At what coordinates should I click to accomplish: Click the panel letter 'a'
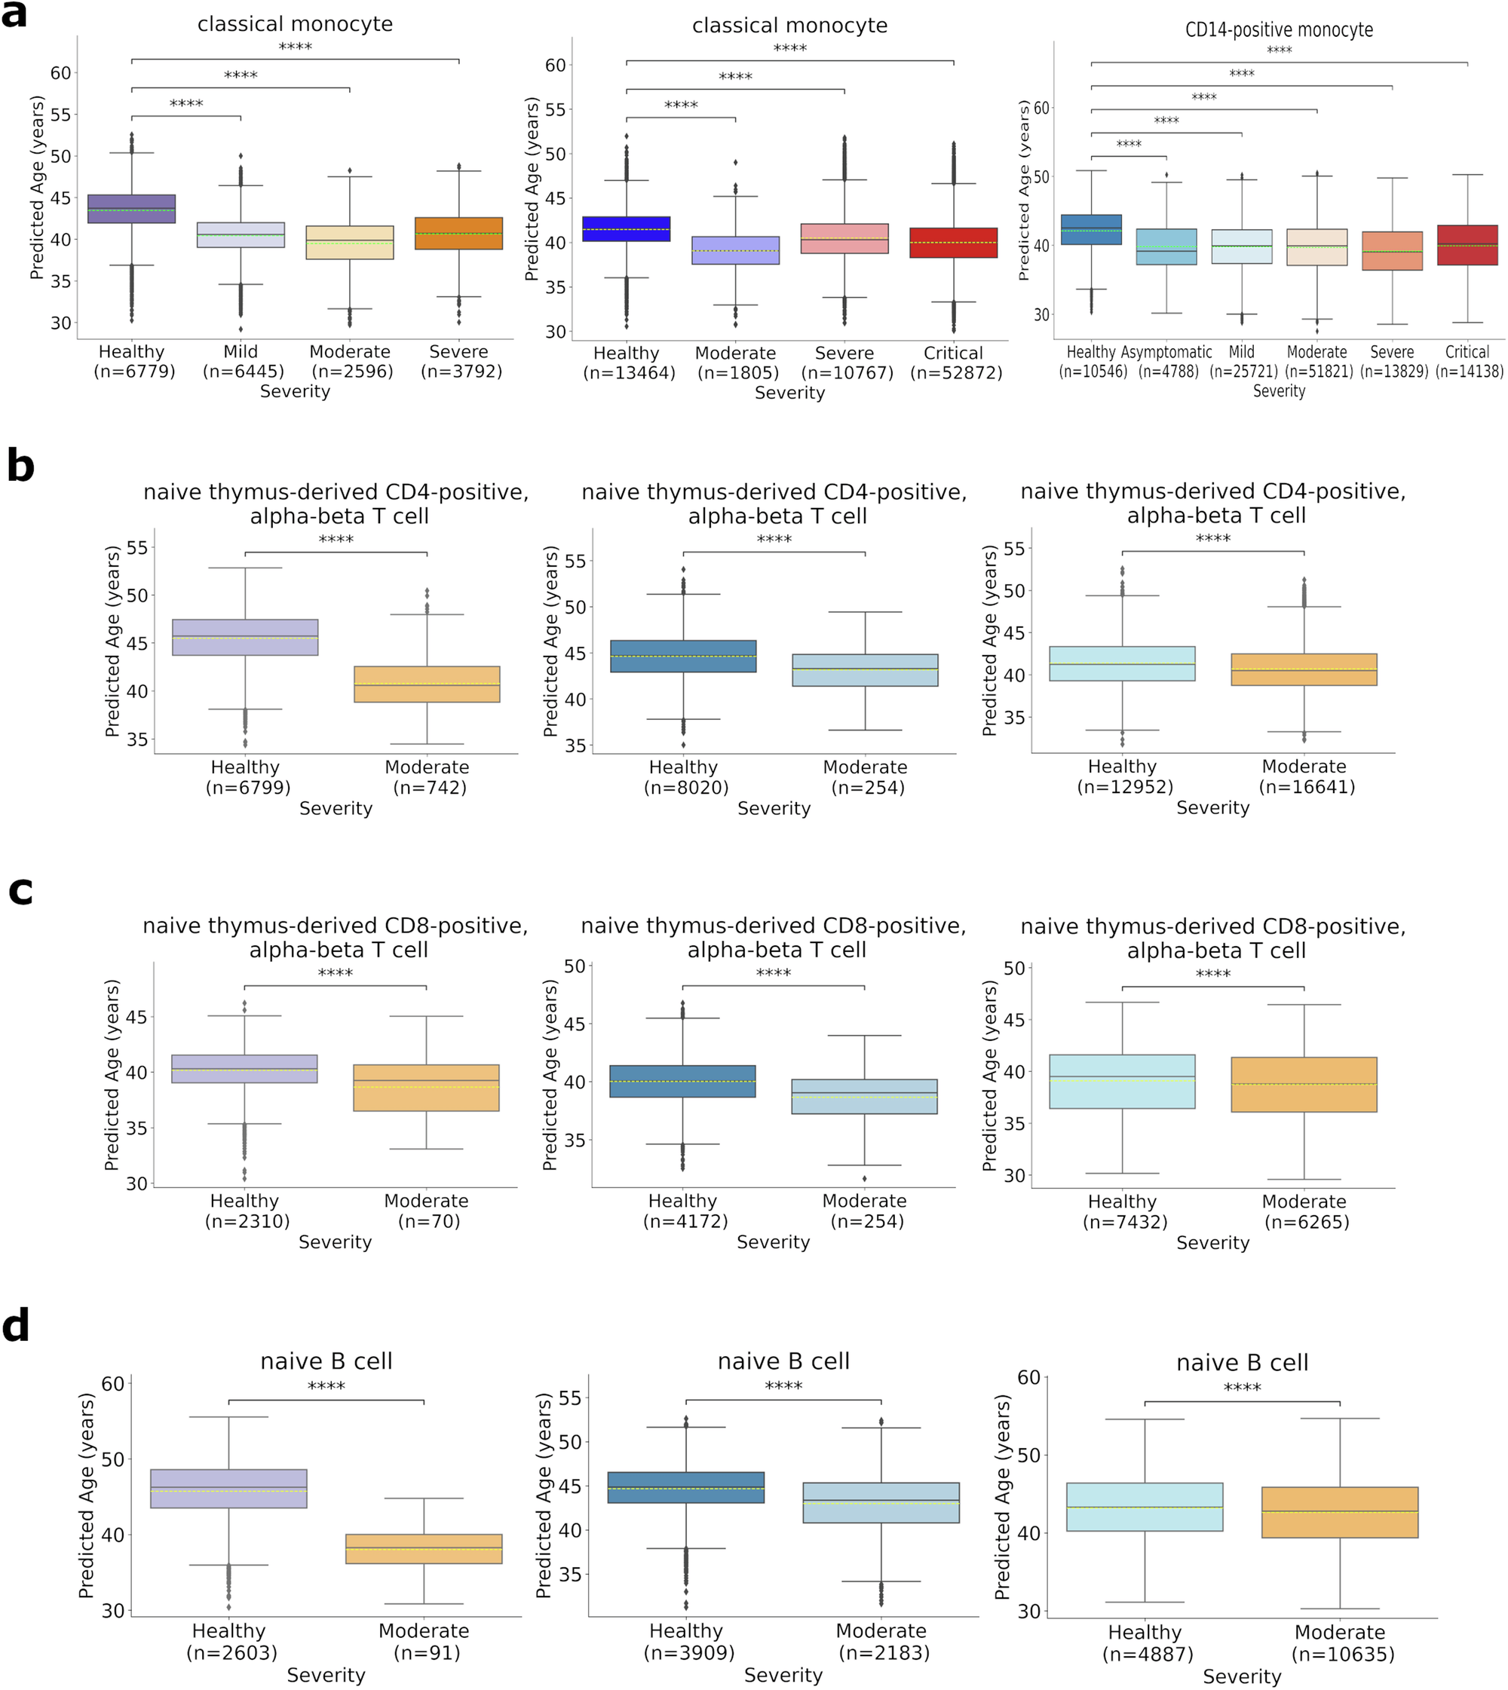pyautogui.click(x=14, y=15)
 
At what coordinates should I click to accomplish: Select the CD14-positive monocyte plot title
pyautogui.click(x=1279, y=31)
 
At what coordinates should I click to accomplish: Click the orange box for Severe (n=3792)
pyautogui.click(x=458, y=234)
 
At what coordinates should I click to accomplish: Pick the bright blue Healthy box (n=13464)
pyautogui.click(x=627, y=228)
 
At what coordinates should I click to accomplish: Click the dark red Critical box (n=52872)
pyautogui.click(x=953, y=243)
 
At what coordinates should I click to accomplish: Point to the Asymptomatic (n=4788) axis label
pyautogui.click(x=1166, y=362)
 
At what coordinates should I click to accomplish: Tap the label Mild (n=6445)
pyautogui.click(x=241, y=362)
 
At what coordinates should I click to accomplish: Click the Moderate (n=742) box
pyautogui.click(x=427, y=684)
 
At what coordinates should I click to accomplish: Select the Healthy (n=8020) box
pyautogui.click(x=684, y=656)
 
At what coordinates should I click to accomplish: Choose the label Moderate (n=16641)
pyautogui.click(x=1304, y=777)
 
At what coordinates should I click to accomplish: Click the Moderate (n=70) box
pyautogui.click(x=427, y=1088)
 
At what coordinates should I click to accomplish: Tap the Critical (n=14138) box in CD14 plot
pyautogui.click(x=1467, y=245)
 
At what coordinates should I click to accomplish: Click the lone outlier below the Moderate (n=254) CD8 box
pyautogui.click(x=864, y=1179)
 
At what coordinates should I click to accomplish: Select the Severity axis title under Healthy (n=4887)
pyautogui.click(x=1241, y=1676)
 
